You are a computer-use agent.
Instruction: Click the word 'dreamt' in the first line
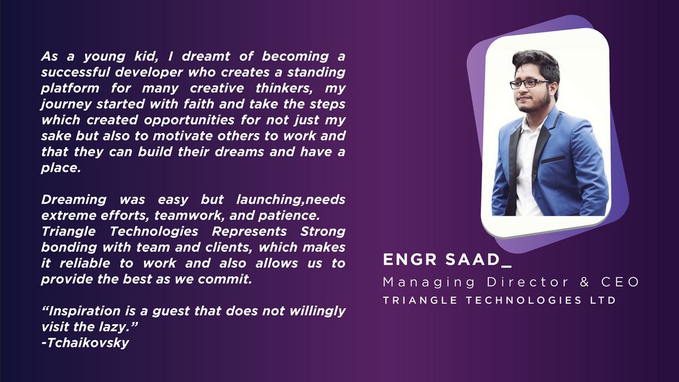click(x=206, y=57)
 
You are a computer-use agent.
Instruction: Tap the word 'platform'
click(x=70, y=88)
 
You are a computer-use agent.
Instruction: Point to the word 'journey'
click(x=66, y=105)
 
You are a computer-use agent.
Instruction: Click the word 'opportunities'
click(x=189, y=121)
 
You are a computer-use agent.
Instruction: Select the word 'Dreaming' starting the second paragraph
click(x=74, y=200)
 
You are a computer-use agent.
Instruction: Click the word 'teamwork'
click(x=190, y=216)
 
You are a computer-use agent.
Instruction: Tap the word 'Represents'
click(x=249, y=231)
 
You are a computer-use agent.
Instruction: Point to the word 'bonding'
click(x=69, y=247)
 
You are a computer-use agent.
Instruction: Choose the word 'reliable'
click(x=85, y=263)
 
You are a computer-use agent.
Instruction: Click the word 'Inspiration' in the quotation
click(x=84, y=311)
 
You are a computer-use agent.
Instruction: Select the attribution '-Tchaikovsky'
click(x=85, y=343)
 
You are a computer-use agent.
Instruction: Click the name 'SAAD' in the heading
click(x=472, y=260)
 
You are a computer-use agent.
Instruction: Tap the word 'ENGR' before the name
click(x=410, y=260)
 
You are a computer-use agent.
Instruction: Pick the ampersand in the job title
click(x=585, y=282)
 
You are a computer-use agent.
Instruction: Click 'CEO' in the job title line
click(x=620, y=282)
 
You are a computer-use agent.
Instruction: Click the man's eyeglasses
click(x=530, y=84)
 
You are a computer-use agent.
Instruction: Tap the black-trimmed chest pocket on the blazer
click(x=553, y=160)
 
